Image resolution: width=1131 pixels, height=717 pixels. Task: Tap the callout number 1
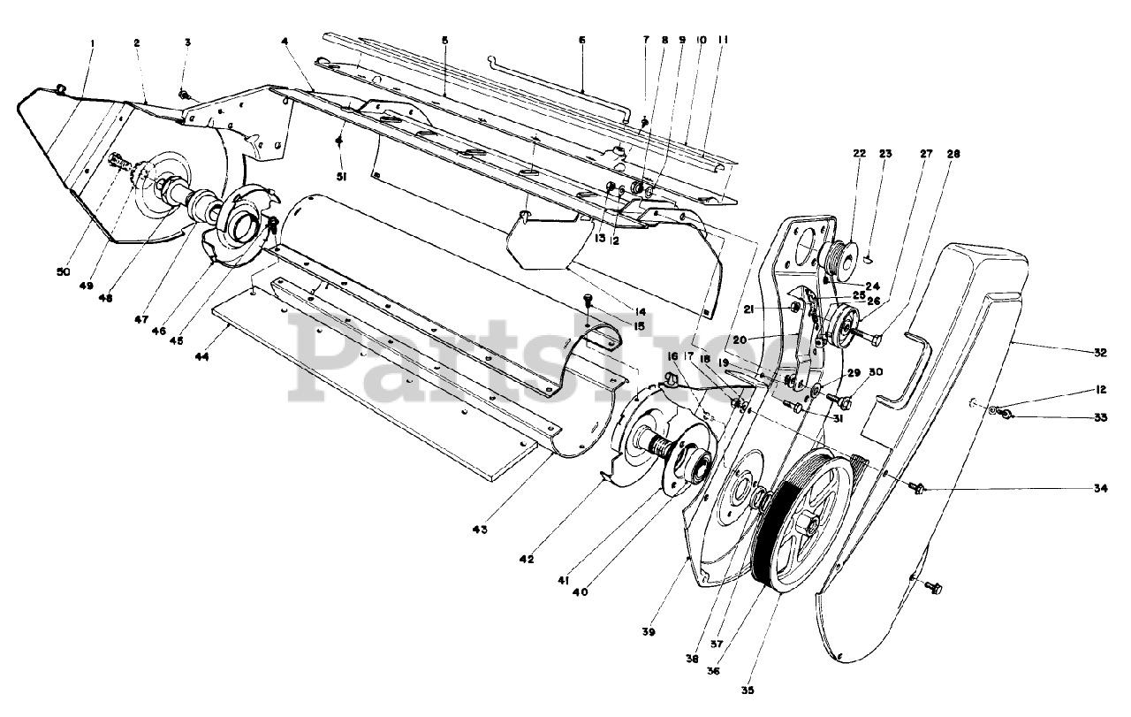[92, 42]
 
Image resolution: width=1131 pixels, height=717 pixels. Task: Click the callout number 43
[480, 529]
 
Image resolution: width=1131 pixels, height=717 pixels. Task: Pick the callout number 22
[834, 153]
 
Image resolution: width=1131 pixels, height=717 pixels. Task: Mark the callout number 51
[341, 177]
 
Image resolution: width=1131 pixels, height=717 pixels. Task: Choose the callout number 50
[62, 272]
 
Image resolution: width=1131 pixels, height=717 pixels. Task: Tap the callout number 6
[582, 42]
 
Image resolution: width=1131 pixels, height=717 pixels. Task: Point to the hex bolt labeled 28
[878, 339]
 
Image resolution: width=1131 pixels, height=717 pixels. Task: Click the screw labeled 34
[918, 488]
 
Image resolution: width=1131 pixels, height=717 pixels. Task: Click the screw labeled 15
[588, 301]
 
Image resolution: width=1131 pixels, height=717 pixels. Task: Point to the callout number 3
[187, 42]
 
